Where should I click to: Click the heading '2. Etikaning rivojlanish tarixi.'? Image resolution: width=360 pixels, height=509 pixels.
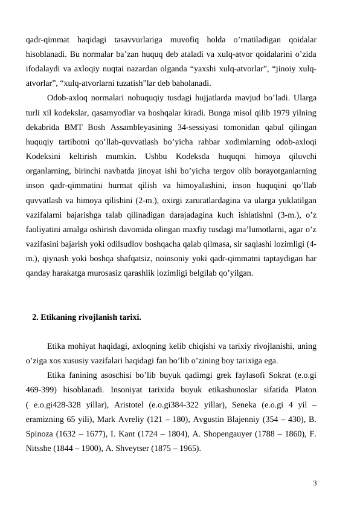[86, 317]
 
